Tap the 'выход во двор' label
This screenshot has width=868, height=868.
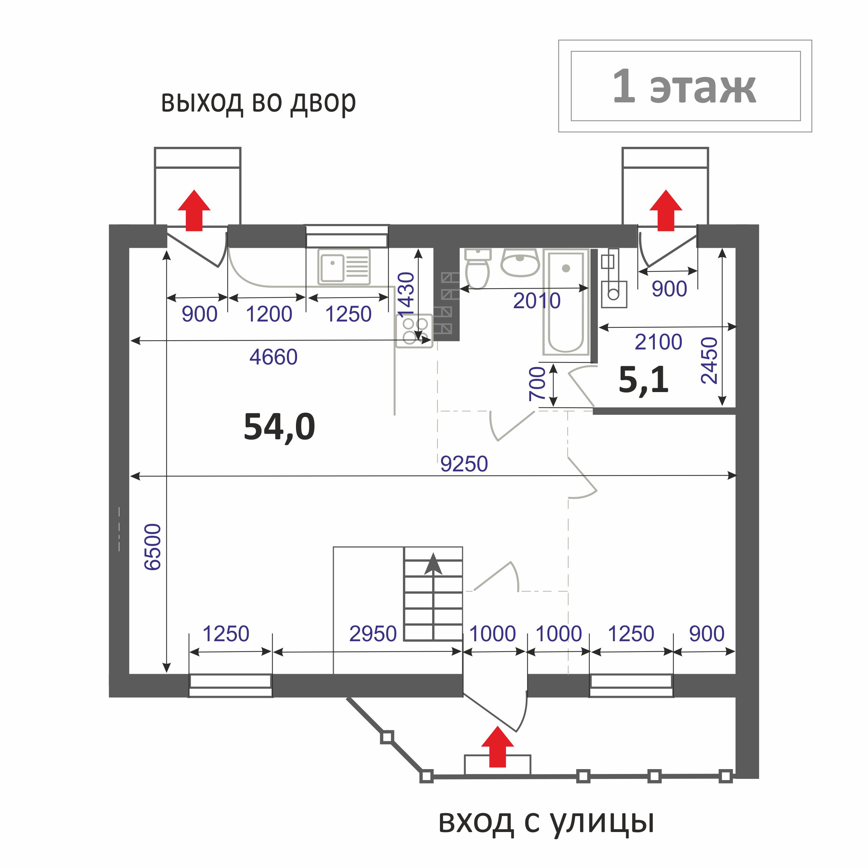click(x=258, y=102)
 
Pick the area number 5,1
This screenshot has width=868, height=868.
click(x=643, y=379)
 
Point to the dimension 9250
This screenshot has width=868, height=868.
click(x=464, y=464)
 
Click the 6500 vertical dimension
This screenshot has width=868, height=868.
click(x=153, y=547)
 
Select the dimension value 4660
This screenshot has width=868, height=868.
click(x=274, y=357)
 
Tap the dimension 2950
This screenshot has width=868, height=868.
click(x=373, y=634)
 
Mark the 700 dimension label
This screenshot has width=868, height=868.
click(x=537, y=383)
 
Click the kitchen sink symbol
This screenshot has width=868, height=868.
click(x=344, y=267)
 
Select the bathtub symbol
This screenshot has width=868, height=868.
click(x=566, y=302)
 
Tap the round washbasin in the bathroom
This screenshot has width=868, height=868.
click(x=520, y=262)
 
